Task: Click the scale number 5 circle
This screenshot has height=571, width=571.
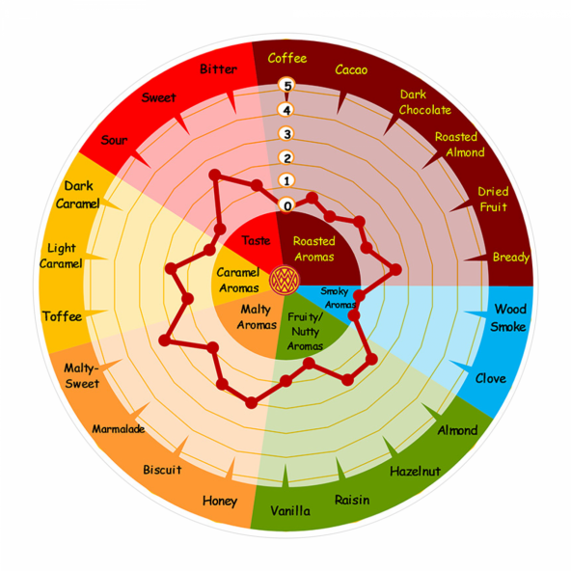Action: coord(287,85)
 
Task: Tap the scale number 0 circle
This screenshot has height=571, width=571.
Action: coord(287,205)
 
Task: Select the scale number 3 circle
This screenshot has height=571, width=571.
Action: coord(287,134)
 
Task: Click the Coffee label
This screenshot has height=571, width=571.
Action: coord(287,58)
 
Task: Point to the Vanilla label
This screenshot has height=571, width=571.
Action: coord(290,510)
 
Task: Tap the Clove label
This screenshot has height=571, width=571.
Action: coord(491,378)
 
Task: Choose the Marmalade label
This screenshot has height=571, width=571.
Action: coord(119,429)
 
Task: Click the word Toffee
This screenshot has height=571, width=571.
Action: coord(62,316)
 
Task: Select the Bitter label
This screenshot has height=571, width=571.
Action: coord(219,68)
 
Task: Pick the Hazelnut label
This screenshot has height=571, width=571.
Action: coord(415,472)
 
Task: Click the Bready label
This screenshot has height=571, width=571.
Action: coord(511,258)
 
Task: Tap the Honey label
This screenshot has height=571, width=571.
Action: coord(220,502)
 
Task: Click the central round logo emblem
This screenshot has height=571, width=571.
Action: coord(285,281)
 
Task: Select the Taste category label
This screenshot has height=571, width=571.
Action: coord(256,241)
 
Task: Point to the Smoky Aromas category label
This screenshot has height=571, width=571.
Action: coord(338,297)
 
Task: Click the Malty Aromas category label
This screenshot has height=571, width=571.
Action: coord(257,317)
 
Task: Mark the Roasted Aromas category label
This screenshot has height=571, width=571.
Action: coord(313,249)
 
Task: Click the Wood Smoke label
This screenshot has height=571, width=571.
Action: coord(508,318)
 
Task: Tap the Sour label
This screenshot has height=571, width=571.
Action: coord(114,140)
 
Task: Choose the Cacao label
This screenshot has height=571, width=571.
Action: coord(351,69)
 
